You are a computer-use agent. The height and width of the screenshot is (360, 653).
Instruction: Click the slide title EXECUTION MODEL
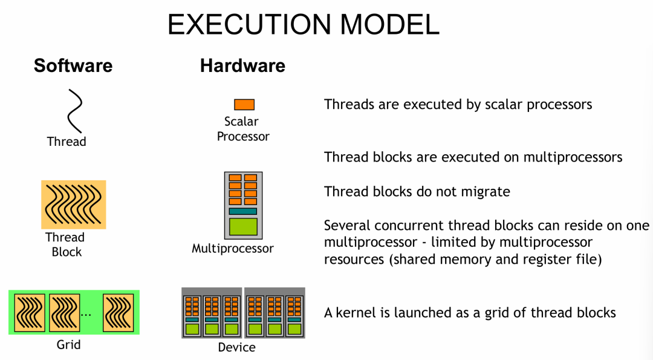tap(303, 25)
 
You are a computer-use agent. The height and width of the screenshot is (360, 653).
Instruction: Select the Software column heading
tap(73, 65)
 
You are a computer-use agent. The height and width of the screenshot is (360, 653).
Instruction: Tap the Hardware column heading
tap(242, 65)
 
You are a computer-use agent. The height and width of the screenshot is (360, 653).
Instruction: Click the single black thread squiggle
tap(75, 111)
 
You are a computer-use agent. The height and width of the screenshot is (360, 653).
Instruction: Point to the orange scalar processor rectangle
tap(244, 105)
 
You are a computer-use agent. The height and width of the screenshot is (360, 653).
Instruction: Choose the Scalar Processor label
tap(242, 129)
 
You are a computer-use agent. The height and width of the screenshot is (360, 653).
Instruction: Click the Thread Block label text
tap(65, 244)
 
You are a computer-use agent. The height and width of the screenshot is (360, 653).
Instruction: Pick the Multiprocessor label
tap(233, 249)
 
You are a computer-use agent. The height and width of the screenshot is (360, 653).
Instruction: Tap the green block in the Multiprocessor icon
tap(243, 227)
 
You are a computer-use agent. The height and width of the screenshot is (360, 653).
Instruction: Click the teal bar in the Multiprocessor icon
tap(243, 211)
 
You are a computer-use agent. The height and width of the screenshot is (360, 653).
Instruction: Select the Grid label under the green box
tap(68, 345)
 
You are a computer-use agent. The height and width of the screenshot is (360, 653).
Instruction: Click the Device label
tap(236, 347)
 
